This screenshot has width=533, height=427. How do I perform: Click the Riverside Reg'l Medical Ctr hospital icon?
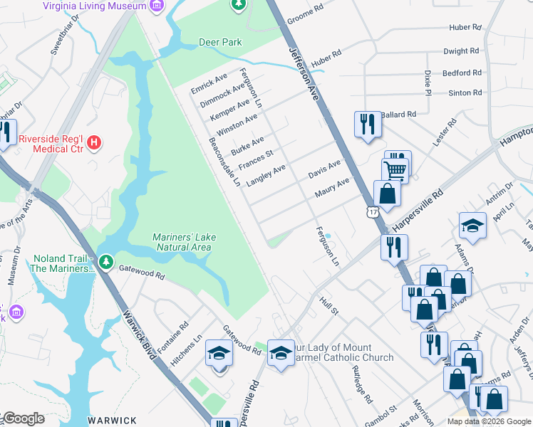click(x=94, y=144)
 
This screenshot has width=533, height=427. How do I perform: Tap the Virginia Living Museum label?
click(x=94, y=6)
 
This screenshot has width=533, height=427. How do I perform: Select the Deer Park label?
click(x=220, y=42)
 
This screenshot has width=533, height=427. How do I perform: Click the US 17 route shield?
click(x=372, y=212)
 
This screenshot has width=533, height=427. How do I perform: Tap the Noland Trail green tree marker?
click(x=105, y=263)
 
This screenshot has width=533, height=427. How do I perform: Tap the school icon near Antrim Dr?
click(x=472, y=226)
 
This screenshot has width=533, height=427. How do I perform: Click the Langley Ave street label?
click(x=265, y=175)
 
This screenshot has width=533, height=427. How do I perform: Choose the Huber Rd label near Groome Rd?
click(x=326, y=62)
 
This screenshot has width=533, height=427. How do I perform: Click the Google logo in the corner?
click(x=23, y=419)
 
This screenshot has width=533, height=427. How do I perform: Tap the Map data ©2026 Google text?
click(x=489, y=421)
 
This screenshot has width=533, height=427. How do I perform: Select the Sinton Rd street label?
click(x=465, y=93)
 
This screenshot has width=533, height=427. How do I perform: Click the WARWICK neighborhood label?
click(x=112, y=421)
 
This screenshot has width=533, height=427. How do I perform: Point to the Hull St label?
click(x=328, y=306)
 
